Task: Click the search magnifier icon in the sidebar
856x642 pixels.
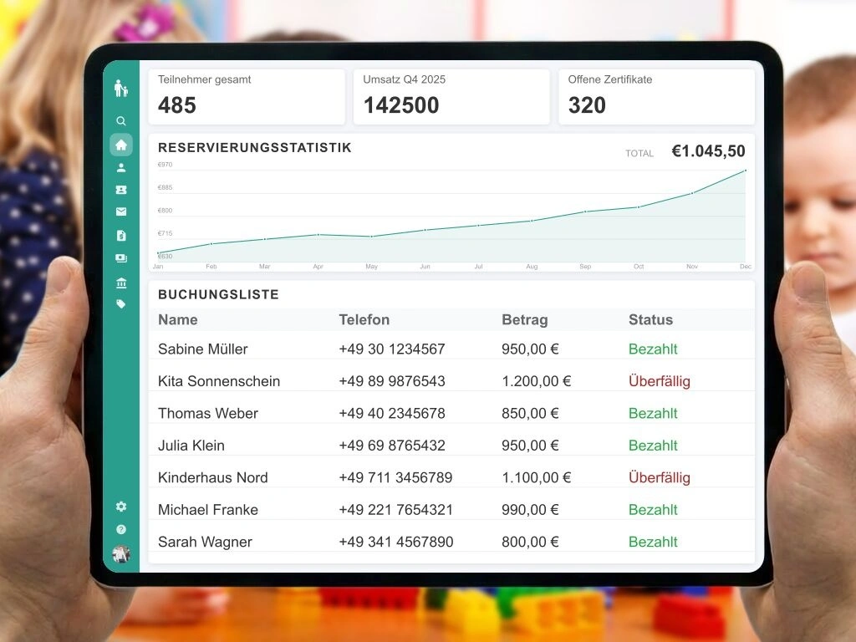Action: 121,121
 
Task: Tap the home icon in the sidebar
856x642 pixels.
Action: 121,145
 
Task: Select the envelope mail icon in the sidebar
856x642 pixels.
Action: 121,212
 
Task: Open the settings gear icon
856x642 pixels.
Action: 121,507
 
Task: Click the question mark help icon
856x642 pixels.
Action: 121,530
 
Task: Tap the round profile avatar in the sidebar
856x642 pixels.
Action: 121,553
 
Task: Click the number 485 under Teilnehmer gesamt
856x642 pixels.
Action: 177,105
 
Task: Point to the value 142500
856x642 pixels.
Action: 401,105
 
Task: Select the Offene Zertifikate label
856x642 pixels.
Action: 610,79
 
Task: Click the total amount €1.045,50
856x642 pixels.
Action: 708,151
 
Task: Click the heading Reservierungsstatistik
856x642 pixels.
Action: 255,148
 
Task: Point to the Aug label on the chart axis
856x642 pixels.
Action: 532,267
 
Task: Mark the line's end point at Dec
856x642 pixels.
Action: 745,171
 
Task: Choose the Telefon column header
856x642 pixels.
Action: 364,319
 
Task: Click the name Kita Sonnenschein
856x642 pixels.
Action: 219,381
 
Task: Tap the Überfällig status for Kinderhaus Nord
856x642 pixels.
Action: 660,478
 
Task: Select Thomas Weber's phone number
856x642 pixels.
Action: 392,414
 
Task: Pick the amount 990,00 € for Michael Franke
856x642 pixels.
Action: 530,510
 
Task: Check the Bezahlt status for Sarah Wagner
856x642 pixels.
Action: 653,542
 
